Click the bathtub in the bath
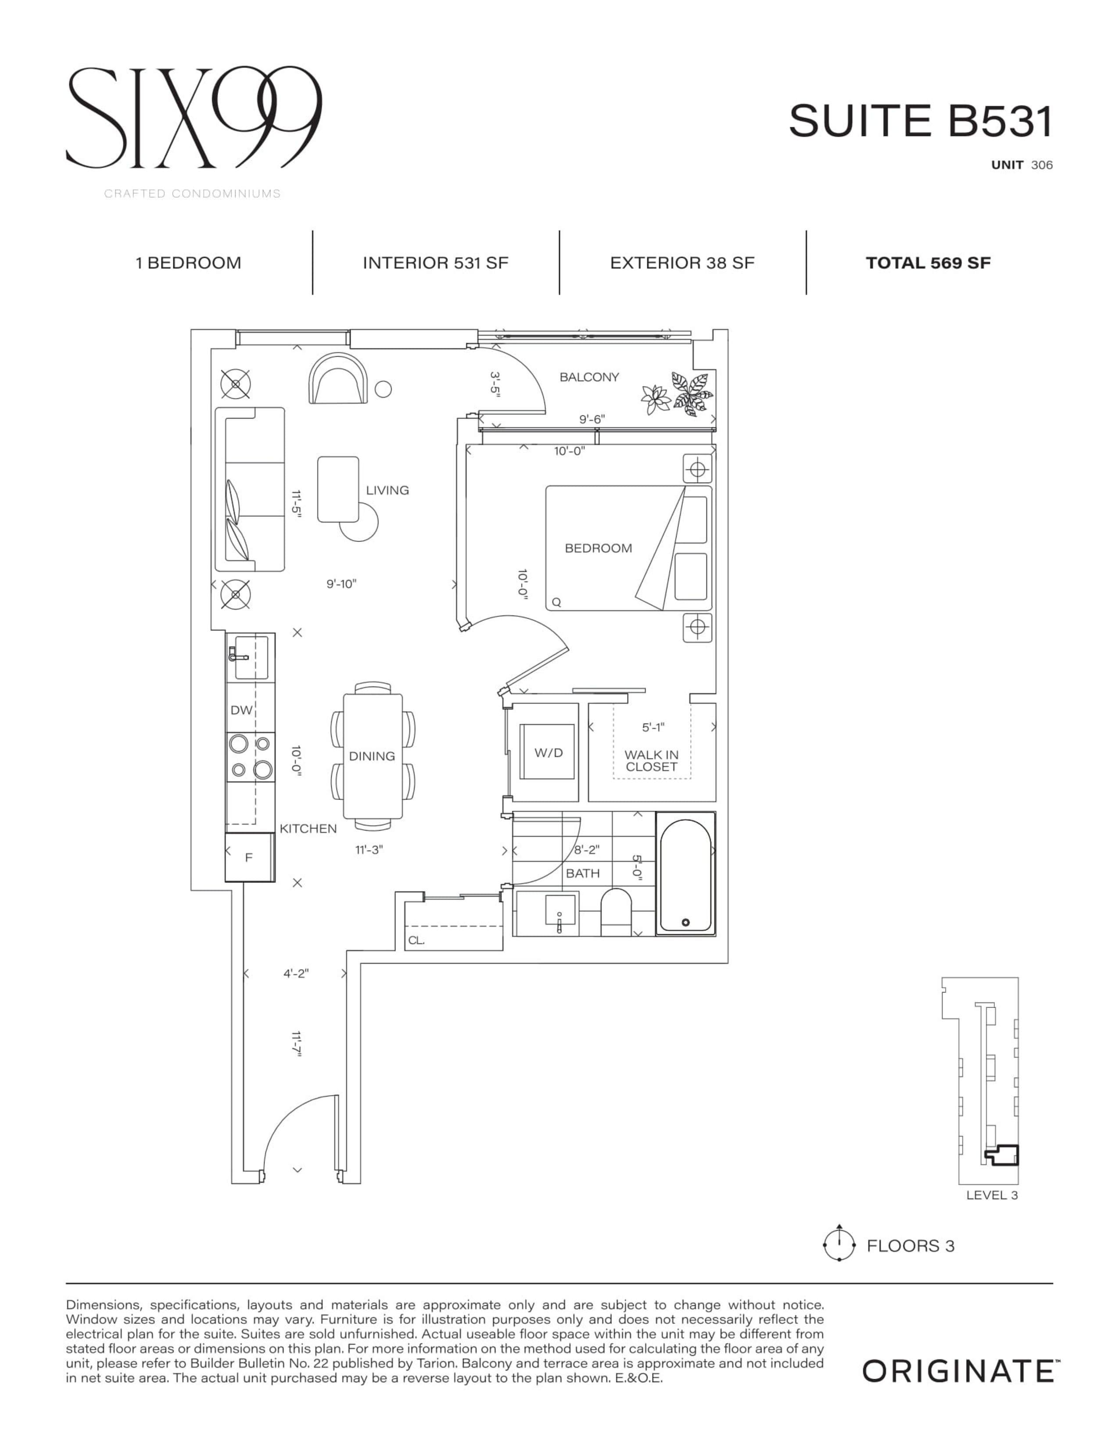pos(685,874)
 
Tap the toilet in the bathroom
pos(616,912)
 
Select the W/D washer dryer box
pos(548,753)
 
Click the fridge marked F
pos(249,857)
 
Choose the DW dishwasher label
pos(241,710)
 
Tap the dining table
pos(373,756)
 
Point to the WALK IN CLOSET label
pos(651,760)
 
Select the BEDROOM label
pos(598,548)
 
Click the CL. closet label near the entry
pos(416,940)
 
